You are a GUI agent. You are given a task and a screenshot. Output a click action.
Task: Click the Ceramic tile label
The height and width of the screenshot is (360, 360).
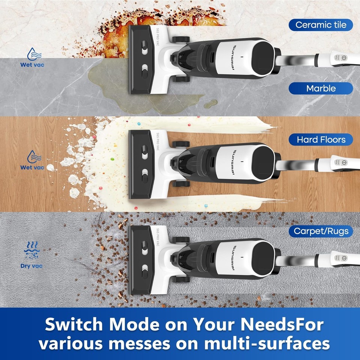tap(321, 25)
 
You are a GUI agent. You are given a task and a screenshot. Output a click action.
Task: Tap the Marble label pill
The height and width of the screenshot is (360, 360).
tap(321, 88)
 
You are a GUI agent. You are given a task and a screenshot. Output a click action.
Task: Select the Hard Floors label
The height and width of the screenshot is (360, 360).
tap(321, 139)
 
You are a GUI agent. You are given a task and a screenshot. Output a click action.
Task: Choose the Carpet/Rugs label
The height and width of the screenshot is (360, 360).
tap(321, 231)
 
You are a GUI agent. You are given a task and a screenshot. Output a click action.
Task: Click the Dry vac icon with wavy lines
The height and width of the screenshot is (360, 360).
tap(31, 250)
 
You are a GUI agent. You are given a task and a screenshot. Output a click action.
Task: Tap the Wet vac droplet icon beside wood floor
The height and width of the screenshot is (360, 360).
tap(31, 156)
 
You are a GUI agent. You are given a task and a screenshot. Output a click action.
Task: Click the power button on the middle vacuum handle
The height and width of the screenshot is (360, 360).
tap(344, 163)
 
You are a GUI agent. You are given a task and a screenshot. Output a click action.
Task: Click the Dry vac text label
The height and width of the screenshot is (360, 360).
tap(31, 266)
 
